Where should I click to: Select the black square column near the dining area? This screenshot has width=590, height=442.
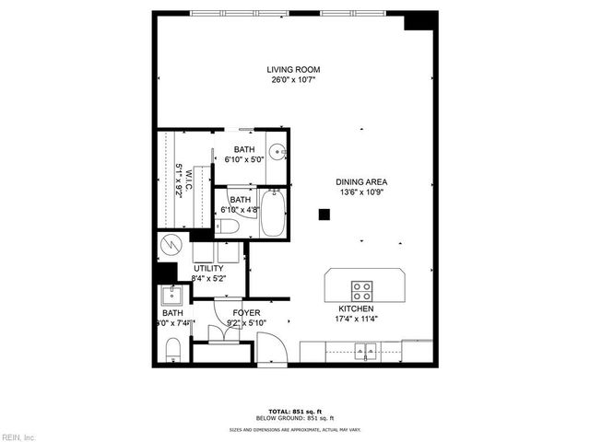tap(324, 215)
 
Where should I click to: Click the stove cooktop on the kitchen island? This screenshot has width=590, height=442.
tap(363, 291)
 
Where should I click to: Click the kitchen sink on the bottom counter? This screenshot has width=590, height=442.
tap(366, 351)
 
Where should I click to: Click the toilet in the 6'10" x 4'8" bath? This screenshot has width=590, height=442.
tap(230, 226)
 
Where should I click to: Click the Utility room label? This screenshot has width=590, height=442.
tap(208, 268)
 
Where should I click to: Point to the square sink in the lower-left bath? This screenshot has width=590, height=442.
tap(171, 297)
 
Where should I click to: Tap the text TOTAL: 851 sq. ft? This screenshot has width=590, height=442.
tap(295, 412)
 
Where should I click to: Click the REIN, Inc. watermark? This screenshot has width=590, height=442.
tap(18, 436)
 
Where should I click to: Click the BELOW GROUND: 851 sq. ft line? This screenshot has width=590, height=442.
tap(295, 419)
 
